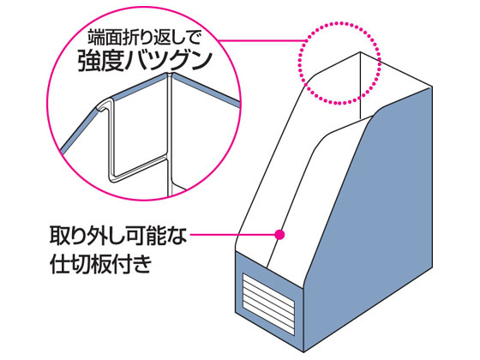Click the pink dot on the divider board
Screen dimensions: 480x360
click(x=279, y=235)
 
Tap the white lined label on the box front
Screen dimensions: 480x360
click(x=268, y=303)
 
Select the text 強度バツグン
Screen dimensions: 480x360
click(x=146, y=61)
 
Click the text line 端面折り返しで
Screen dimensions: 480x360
click(x=144, y=38)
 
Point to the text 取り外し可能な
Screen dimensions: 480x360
click(x=118, y=236)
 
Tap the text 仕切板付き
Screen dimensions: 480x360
click(x=101, y=263)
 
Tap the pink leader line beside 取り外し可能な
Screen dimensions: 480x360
click(x=232, y=235)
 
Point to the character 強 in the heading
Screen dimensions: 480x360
click(x=87, y=61)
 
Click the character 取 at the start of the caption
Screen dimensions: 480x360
click(x=59, y=236)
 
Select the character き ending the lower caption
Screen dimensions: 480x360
click(x=142, y=264)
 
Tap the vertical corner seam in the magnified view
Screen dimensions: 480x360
click(x=170, y=135)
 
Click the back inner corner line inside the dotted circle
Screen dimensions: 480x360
click(x=360, y=86)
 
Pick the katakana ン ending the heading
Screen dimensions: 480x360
click(x=201, y=61)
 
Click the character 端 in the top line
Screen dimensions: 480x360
click(x=95, y=38)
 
